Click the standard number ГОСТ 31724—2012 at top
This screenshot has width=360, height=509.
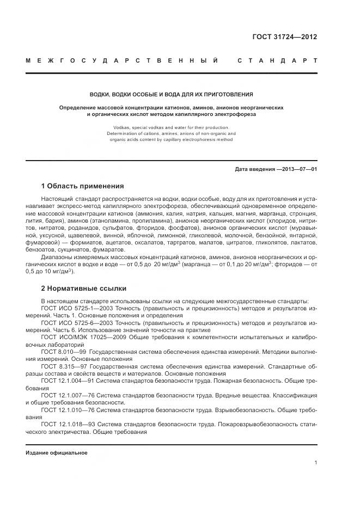(284, 37)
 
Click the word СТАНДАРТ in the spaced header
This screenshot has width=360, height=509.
(277, 60)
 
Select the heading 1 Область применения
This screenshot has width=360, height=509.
(82, 186)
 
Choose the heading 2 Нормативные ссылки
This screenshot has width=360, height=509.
(83, 288)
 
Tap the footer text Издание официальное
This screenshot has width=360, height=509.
(57, 453)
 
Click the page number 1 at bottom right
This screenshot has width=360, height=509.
(315, 463)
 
